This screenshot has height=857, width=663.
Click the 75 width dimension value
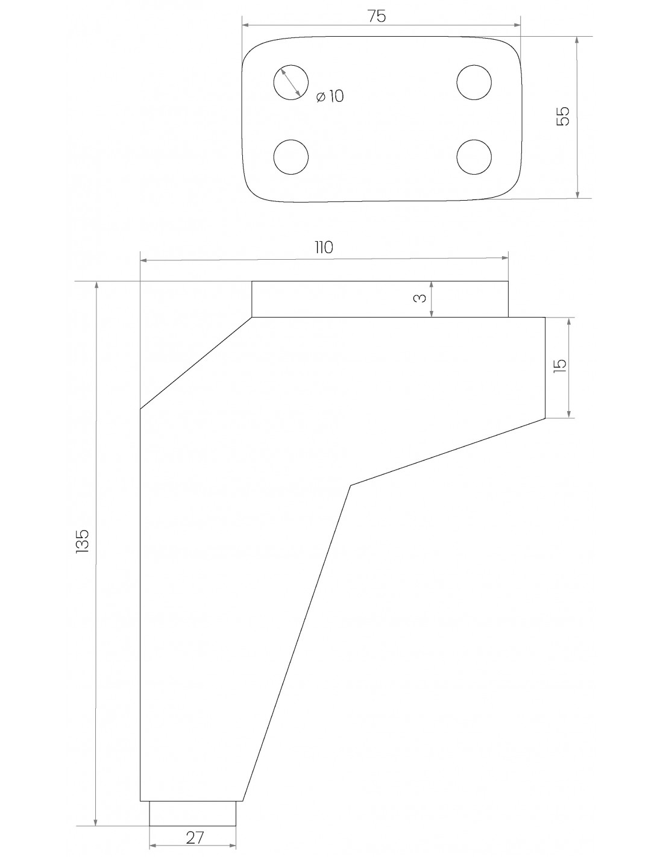[x=376, y=16]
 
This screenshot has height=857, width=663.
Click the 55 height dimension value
[x=563, y=116]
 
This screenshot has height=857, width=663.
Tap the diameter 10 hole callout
[x=330, y=96]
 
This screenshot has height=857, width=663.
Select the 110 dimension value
[x=324, y=247]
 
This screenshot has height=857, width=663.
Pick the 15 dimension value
[x=560, y=365]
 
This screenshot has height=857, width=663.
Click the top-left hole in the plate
[x=291, y=82]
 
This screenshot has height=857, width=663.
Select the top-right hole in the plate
[x=474, y=83]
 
